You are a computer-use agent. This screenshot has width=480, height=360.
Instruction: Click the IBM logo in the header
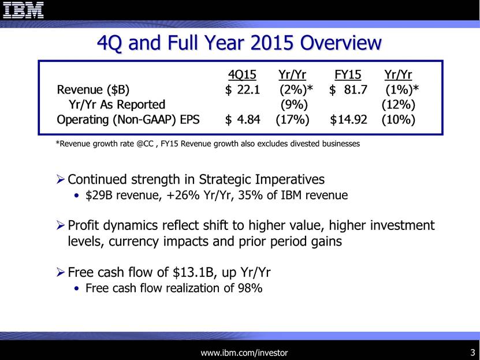tap(23, 10)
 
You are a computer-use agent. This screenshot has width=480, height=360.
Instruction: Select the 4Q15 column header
tap(242, 75)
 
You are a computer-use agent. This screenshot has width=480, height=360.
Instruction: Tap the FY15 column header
tap(348, 75)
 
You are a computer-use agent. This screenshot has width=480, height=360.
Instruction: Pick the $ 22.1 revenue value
tap(243, 90)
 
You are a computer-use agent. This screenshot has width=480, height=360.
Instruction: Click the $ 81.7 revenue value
tap(348, 90)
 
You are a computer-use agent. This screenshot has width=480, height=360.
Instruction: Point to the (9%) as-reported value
tap(294, 105)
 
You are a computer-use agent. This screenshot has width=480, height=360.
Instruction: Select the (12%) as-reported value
tap(398, 105)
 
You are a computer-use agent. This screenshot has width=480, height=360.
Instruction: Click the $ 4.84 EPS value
tap(243, 120)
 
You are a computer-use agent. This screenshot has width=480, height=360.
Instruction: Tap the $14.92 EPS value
tap(348, 120)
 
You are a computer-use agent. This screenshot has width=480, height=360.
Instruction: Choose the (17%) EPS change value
tap(292, 120)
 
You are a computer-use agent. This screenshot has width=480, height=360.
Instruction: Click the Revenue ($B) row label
tap(93, 90)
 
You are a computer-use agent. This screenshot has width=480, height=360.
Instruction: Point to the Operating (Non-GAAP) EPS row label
tap(128, 120)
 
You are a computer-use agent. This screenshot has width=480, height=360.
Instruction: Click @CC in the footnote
tap(144, 143)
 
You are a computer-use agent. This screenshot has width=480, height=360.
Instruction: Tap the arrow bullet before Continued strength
tap(60, 179)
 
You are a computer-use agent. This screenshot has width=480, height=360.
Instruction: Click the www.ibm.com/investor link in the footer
tap(244, 353)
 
